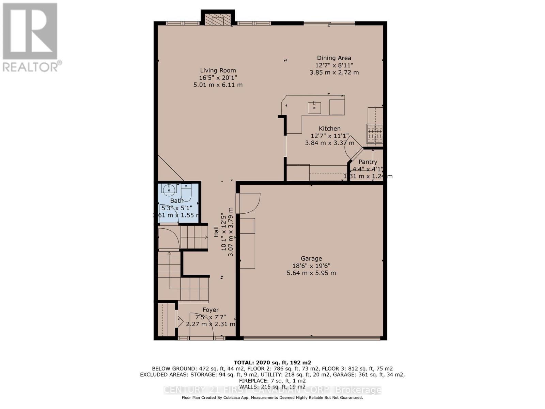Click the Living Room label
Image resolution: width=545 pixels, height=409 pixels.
tap(218, 71)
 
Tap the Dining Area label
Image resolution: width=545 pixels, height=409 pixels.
tap(334, 58)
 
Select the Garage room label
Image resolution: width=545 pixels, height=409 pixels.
tap(311, 258)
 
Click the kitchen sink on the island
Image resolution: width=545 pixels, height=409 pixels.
tap(314, 108)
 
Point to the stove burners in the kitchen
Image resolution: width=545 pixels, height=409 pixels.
tap(375, 133)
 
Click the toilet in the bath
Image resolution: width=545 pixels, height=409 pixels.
tap(186, 193)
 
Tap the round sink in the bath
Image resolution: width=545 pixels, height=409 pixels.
tap(169, 190)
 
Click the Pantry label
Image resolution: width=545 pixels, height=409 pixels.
tap(368, 162)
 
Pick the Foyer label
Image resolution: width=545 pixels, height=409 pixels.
tap(211, 310)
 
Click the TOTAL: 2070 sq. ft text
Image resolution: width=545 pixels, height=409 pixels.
tap(272, 362)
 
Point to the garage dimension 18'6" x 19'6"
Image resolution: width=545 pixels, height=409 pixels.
tap(311, 266)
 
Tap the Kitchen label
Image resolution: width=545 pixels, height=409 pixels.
tap(329, 128)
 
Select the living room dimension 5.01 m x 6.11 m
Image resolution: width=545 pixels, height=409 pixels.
tap(218, 85)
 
